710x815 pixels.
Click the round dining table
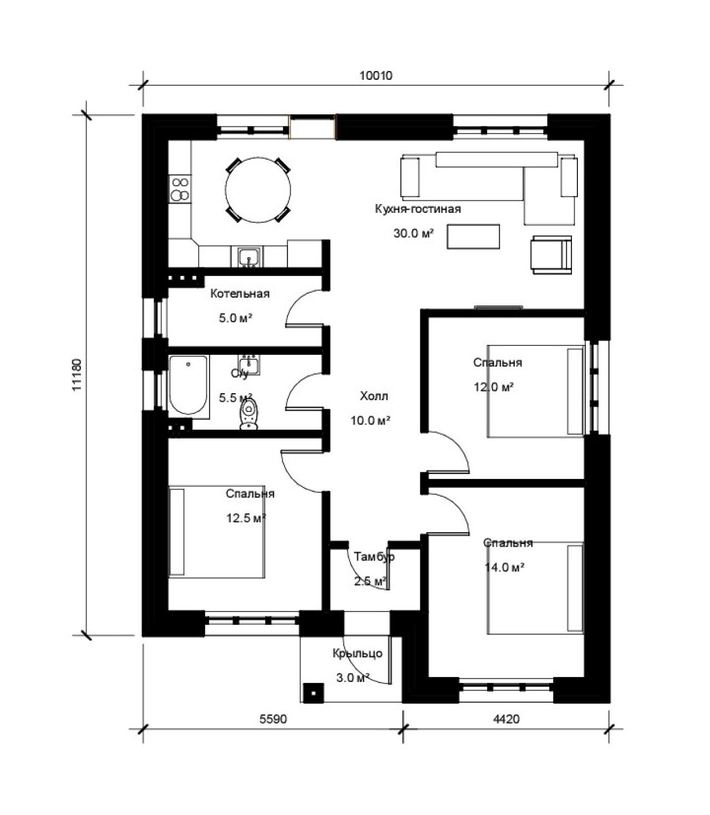tap(258, 190)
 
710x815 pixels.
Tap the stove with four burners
tap(180, 189)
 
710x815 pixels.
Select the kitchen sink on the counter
tap(250, 257)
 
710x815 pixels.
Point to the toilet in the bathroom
tap(250, 414)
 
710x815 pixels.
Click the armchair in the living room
tap(551, 255)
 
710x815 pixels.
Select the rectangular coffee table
tap(473, 237)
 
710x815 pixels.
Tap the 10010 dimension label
tap(376, 75)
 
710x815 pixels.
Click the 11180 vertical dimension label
tap(77, 375)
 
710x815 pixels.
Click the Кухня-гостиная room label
tap(418, 208)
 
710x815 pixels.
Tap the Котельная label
tap(240, 294)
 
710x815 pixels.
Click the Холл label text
tap(374, 396)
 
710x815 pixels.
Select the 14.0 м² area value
tap(504, 567)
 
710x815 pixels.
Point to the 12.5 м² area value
tap(246, 518)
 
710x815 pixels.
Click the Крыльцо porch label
tap(357, 653)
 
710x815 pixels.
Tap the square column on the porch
tap(313, 693)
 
